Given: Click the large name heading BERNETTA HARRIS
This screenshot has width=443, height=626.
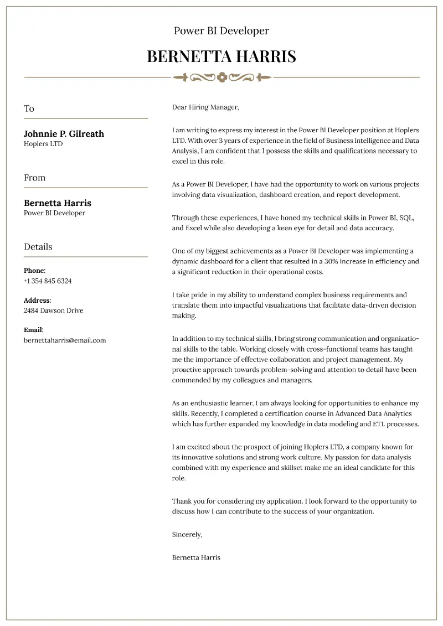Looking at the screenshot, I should pos(221,56).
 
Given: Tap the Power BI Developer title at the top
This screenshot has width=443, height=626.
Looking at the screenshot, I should pos(221,31).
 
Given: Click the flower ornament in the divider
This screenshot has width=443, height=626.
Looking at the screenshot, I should pos(222,77).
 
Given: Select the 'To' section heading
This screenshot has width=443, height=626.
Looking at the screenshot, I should pos(29,108).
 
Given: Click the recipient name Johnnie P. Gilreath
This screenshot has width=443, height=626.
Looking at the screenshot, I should pos(64,133).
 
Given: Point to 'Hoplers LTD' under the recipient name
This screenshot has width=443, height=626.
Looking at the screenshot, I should pos(43,144).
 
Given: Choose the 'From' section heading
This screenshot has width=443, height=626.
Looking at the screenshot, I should pos(34,178).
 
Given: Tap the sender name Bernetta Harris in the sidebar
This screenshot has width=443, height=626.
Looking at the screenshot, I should pos(58,203).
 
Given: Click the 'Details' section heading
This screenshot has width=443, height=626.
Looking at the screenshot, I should pos(38,247).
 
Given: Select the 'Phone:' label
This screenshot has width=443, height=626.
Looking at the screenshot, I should pos(34,271).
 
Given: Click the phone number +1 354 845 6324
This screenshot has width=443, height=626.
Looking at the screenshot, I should pos(48,281).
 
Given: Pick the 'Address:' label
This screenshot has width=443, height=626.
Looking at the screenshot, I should pos(38,301).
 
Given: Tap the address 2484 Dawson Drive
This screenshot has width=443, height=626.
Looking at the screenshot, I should pos(54,311).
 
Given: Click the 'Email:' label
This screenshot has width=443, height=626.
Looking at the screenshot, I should pos(34,330).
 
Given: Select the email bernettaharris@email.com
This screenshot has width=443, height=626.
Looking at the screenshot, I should pos(65,340).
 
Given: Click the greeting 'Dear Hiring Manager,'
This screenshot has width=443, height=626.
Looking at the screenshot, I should pos(205,107).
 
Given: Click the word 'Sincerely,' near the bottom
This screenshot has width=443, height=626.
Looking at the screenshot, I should pos(187,535).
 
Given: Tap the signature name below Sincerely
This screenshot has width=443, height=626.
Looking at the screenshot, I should pos(196,557).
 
